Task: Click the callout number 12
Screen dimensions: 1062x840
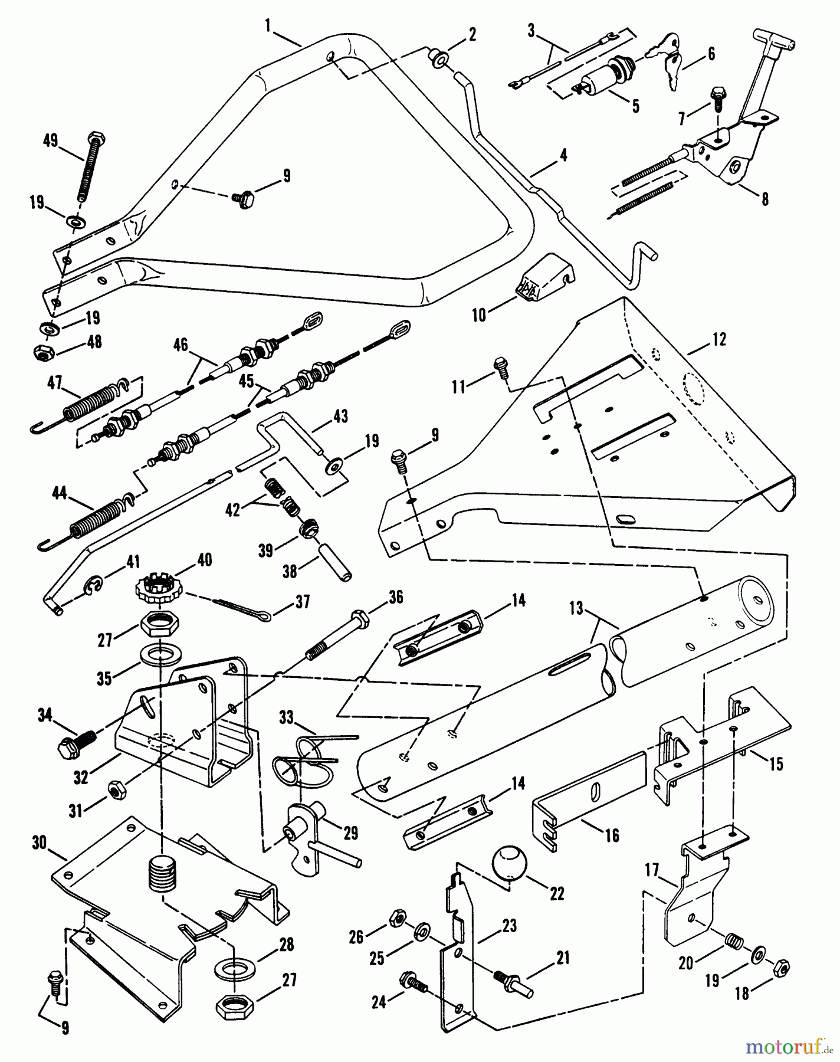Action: pyautogui.click(x=719, y=339)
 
